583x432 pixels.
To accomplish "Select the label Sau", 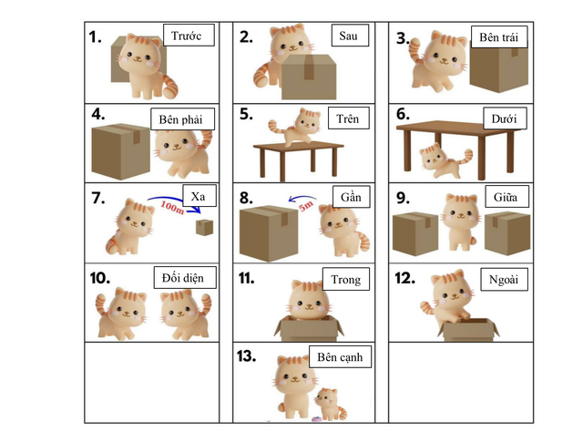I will pos(349,36).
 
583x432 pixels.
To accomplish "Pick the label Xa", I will pos(198,197).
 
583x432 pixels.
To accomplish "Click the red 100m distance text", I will pos(171,208).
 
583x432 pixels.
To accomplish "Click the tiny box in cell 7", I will pos(207,227).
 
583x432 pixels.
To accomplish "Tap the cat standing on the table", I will pos(297,126).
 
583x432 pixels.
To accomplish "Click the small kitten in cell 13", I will pos(324,402).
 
